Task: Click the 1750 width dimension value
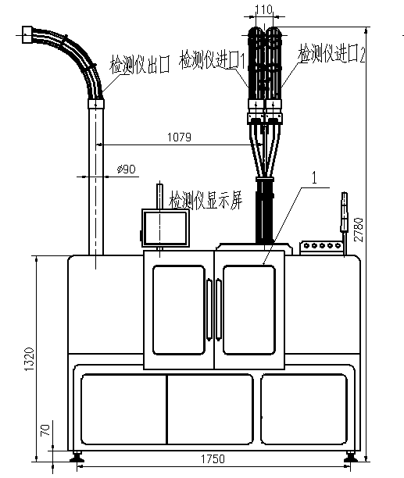click(x=213, y=458)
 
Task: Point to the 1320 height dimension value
click(x=30, y=358)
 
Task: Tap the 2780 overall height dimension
click(x=359, y=230)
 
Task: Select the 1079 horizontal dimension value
click(x=179, y=137)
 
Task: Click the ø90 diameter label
click(x=127, y=169)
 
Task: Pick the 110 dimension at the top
click(x=263, y=9)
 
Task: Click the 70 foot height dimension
click(x=45, y=430)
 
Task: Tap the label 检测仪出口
click(x=140, y=64)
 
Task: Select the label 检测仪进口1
click(x=213, y=59)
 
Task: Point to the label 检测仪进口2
click(x=331, y=54)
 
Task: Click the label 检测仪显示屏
click(x=206, y=200)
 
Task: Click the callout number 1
click(x=315, y=177)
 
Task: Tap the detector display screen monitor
click(x=165, y=228)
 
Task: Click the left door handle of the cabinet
click(x=209, y=309)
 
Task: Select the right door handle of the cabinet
click(x=218, y=309)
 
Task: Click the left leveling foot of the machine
click(x=77, y=457)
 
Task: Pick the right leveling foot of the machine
click(x=350, y=457)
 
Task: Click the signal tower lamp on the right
click(x=345, y=212)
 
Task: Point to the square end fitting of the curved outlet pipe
click(x=27, y=34)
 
